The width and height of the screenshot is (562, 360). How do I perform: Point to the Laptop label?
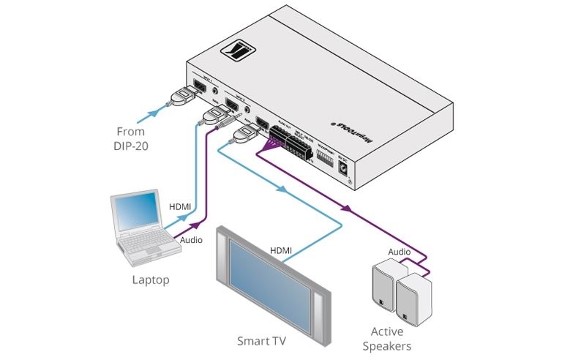[x=150, y=280]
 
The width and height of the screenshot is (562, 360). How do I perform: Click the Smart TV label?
[x=261, y=340]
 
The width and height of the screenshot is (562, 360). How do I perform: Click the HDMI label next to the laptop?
[x=180, y=208]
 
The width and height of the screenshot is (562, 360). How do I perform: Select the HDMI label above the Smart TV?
[x=281, y=250]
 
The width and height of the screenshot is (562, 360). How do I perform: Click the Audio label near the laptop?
[x=192, y=239]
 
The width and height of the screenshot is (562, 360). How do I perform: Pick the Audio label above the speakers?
[x=399, y=251]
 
